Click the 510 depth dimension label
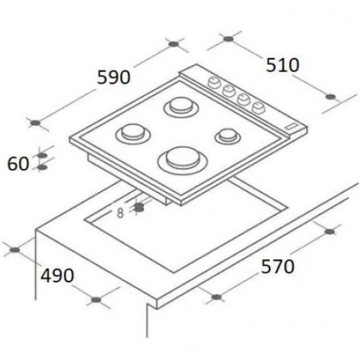coord(282,65)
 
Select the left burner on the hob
coord(129,133)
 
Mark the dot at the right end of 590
coord(173,45)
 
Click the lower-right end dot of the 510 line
coord(331,98)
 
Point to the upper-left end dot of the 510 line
coord(228,40)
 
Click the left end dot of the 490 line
coord(14,249)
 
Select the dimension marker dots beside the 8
coord(139,207)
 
